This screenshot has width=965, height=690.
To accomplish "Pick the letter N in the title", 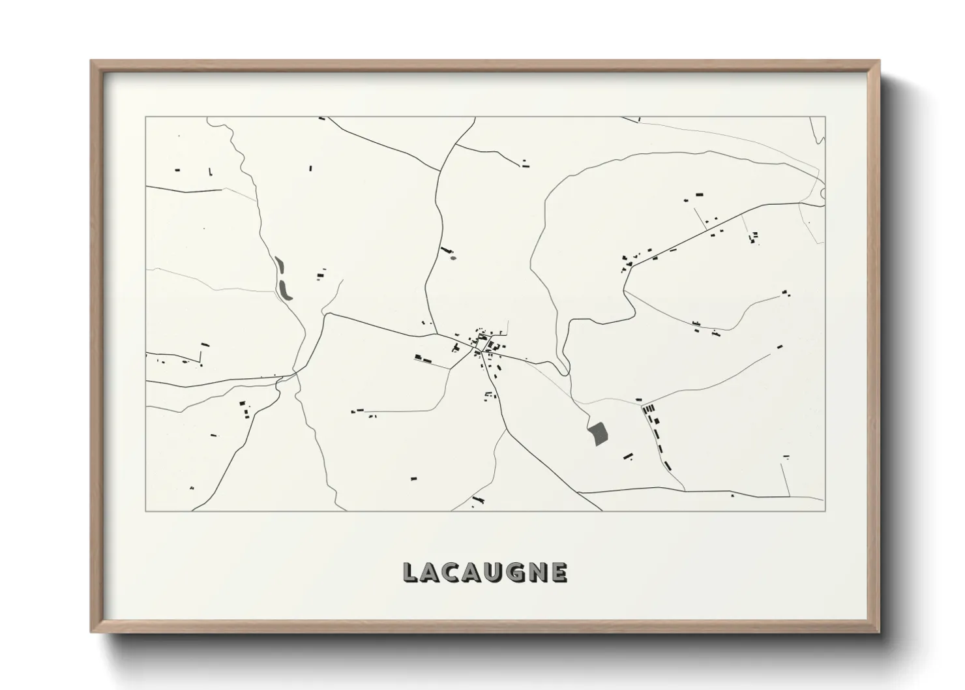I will (x=537, y=572).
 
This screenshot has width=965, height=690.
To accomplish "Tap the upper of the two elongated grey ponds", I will (x=280, y=265).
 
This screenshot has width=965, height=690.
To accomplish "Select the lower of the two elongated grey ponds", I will (x=285, y=290).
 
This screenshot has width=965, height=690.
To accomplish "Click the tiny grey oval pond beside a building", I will (x=449, y=256).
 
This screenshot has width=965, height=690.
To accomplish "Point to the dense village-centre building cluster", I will (x=483, y=342).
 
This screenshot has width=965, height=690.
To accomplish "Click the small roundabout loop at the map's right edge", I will (x=823, y=193).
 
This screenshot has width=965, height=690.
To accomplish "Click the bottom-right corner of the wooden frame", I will (x=878, y=631).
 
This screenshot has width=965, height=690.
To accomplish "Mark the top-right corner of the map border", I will (x=825, y=117).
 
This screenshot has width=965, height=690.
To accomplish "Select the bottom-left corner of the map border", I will (x=145, y=511).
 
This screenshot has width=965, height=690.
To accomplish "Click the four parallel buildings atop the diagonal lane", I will (x=649, y=409).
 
